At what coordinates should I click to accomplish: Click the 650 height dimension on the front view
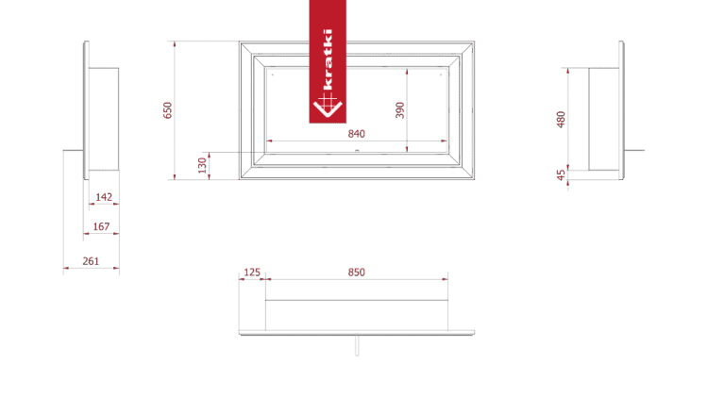coord(169,109)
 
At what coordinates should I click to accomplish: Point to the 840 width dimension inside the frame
coord(357,134)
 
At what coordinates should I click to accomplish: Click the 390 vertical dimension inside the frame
coord(400,109)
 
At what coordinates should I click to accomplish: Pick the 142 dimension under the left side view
coord(104,197)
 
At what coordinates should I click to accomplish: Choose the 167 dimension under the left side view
coord(101,226)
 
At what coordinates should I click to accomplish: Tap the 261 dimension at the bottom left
coord(91,261)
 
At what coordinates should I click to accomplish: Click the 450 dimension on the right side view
coord(561,119)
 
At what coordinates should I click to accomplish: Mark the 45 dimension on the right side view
coord(561,174)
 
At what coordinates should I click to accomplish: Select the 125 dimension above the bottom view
coord(252,272)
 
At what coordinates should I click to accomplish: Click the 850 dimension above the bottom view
coord(357,272)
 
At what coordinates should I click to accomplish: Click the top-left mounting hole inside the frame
coord(273,72)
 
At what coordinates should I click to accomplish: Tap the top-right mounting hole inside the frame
coord(441,72)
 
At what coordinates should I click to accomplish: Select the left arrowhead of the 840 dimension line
coord(272,141)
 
